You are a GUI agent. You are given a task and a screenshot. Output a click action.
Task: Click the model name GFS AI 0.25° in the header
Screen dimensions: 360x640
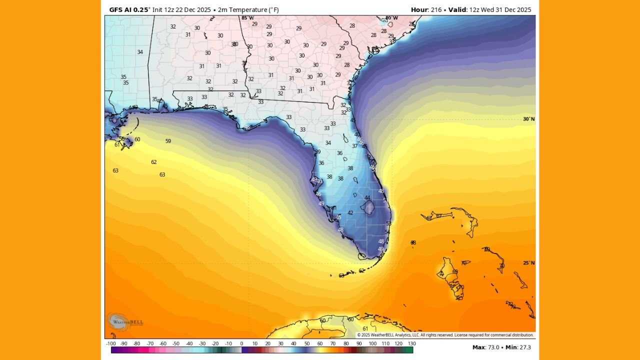tap(129, 9)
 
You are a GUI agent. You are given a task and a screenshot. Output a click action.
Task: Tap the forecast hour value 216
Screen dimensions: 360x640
tap(436, 9)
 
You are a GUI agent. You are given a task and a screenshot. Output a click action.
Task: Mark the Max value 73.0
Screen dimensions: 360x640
tap(497, 347)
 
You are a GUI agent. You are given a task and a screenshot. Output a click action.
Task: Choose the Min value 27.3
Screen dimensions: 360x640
tap(524, 347)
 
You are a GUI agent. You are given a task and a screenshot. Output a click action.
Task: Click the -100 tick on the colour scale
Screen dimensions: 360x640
tap(111, 343)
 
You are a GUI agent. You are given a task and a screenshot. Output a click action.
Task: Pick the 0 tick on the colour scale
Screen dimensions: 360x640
tap(241, 343)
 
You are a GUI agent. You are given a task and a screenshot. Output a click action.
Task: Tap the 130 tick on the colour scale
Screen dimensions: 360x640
tap(411, 343)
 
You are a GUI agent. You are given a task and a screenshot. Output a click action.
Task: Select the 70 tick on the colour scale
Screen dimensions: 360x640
tap(333, 343)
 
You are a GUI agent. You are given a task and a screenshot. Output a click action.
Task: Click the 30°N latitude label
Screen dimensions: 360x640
tap(528, 119)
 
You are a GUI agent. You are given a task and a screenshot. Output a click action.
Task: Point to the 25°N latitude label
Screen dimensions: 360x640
tap(528, 263)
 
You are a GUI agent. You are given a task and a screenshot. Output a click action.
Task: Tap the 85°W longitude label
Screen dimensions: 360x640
tap(247, 18)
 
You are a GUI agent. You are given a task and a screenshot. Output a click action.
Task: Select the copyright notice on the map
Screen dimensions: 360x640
tap(445, 335)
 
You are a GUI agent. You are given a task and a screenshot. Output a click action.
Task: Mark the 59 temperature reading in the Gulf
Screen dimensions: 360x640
tap(168, 141)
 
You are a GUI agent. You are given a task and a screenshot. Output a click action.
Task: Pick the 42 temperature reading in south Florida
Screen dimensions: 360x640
tap(350, 212)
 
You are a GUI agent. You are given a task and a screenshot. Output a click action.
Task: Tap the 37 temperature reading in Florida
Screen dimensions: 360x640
tap(354, 146)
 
